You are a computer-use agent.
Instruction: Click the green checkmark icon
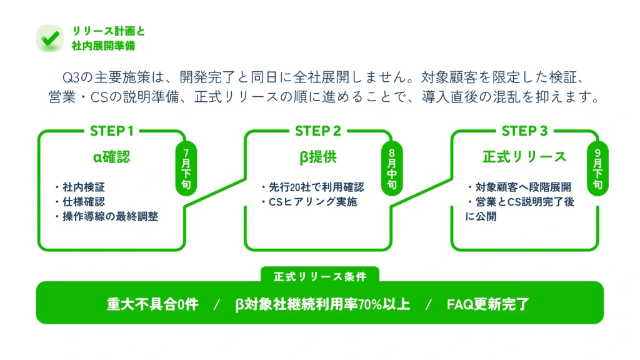click(49, 38)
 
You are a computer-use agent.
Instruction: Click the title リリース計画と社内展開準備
click(108, 38)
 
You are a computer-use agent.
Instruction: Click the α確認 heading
click(112, 157)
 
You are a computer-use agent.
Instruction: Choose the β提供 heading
click(317, 157)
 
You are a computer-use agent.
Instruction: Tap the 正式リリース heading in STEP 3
click(524, 157)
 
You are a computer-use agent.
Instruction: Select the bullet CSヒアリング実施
click(311, 202)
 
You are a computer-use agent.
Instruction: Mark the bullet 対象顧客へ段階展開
click(521, 187)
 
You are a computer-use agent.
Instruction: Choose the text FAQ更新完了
click(488, 304)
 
